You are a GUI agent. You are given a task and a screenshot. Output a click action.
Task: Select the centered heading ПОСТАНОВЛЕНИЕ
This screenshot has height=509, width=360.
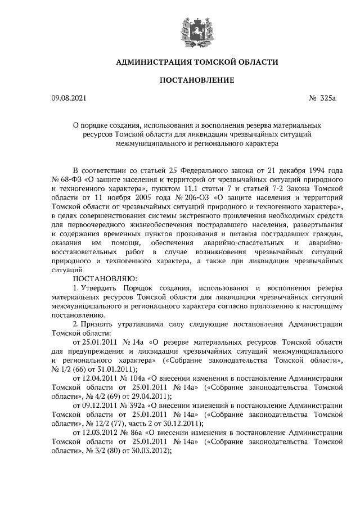(x=196, y=80)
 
